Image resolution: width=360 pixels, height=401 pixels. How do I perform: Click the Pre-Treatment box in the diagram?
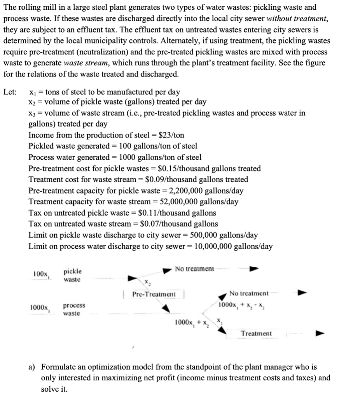[154, 294]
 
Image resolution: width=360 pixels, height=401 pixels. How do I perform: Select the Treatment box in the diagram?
[256, 333]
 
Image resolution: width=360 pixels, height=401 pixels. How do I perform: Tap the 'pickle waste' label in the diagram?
[72, 275]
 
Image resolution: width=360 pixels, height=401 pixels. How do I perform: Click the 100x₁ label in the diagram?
[40, 274]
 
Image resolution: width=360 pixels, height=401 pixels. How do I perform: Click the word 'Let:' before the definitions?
[10, 92]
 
